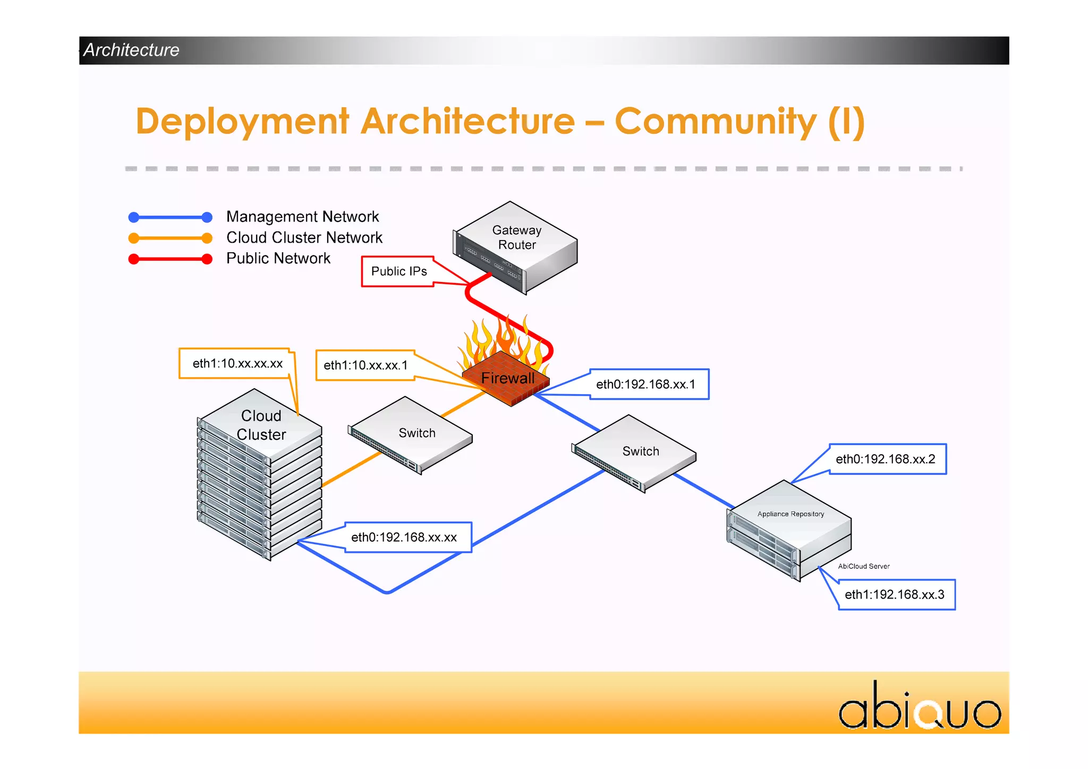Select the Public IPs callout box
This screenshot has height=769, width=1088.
tap(398, 271)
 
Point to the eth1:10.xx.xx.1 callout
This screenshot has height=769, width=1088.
tap(365, 365)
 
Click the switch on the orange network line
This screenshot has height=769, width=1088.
tap(411, 434)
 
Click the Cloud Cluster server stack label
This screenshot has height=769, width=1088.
tap(261, 425)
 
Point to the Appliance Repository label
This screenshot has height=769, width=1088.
tap(790, 514)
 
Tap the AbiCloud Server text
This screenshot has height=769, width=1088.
tap(863, 566)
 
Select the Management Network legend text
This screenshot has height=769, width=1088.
tap(302, 217)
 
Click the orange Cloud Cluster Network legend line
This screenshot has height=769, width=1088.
tap(170, 238)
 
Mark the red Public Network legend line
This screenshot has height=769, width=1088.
tap(170, 259)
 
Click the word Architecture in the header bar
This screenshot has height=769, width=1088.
tap(131, 50)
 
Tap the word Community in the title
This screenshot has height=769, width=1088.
tap(715, 122)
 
